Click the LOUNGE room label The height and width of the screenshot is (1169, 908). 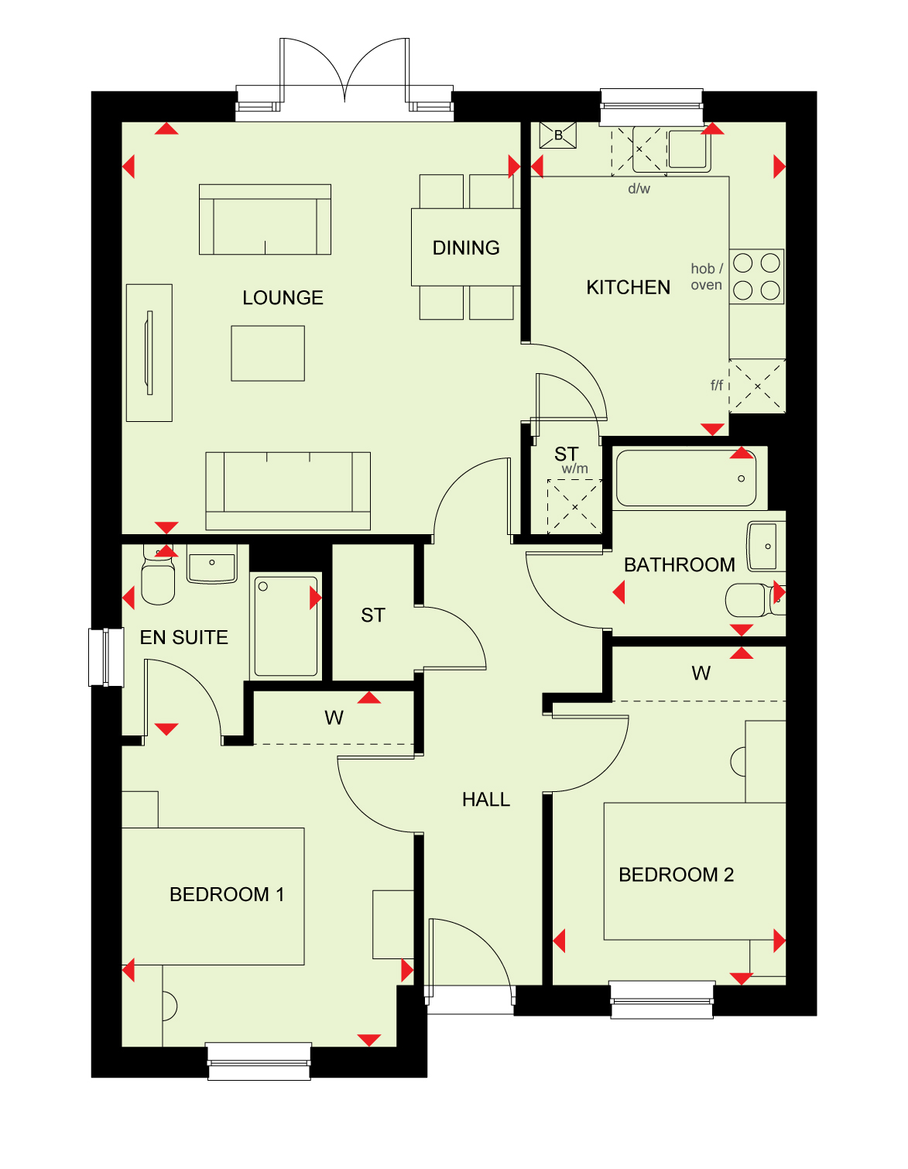pos(283,297)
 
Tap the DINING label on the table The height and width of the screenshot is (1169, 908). pos(466,248)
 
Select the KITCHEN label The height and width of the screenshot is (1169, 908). pos(628,287)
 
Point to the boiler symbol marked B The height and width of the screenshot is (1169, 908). pos(558,135)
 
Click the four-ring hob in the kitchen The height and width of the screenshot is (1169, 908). pos(756,276)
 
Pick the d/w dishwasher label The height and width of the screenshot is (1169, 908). pos(639,189)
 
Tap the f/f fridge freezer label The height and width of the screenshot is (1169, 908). pos(717,386)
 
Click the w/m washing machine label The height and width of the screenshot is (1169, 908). pos(574,468)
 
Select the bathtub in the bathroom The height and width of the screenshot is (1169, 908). pos(686,478)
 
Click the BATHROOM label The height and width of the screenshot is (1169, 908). pos(680,565)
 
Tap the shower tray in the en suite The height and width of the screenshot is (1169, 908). pos(286,626)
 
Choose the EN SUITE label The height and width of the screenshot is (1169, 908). pos(184,637)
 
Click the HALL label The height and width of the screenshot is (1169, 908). pos(485,800)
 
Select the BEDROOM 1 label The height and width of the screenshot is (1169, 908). pos(227,894)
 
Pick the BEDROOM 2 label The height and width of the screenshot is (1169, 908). pos(676,875)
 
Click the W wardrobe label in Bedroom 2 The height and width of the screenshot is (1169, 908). pos(701,673)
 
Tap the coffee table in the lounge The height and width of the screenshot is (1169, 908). pos(268,354)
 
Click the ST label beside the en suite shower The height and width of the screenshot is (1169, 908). pos(373,615)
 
